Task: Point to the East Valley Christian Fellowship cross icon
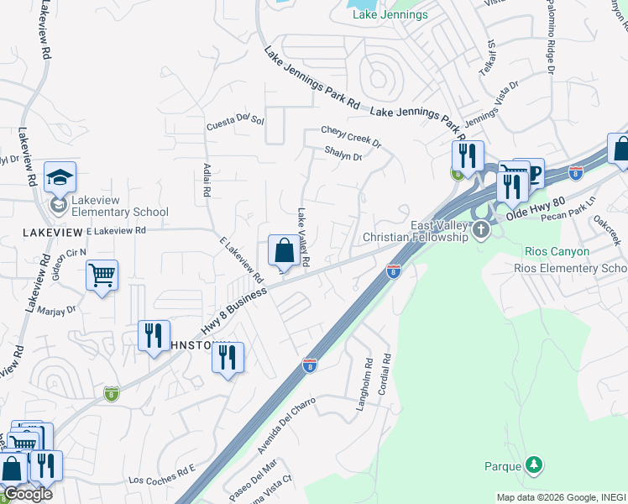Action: point(481,230)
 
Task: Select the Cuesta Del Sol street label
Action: point(236,123)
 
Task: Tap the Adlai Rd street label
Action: point(207,179)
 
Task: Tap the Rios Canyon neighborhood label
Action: point(556,251)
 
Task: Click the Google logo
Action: point(27,494)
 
